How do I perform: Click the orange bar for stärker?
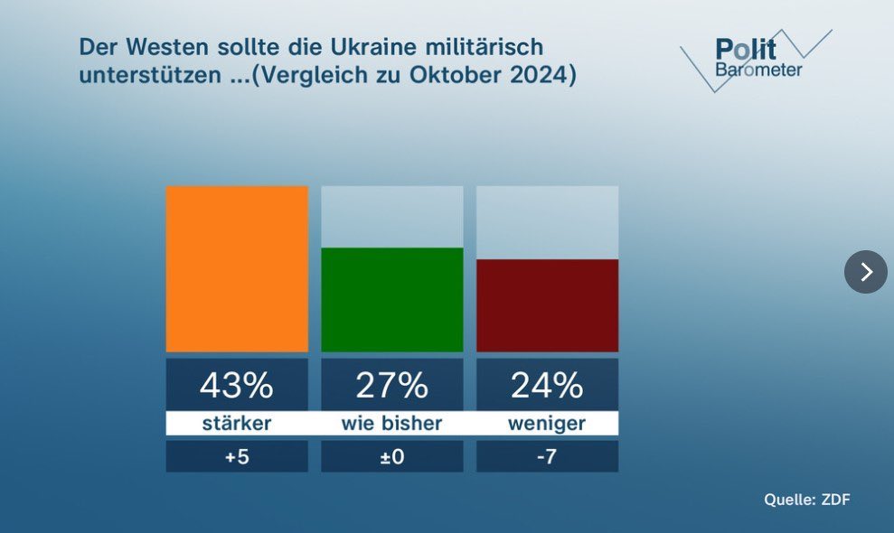coord(237,268)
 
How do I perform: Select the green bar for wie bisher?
coord(392,299)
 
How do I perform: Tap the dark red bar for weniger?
coord(547,305)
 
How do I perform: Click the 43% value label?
coord(237,386)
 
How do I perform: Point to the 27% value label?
coord(392,386)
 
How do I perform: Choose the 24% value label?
coord(547,386)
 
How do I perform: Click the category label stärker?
coord(237,423)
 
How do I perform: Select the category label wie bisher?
coord(392,423)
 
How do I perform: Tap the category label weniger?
coord(547,423)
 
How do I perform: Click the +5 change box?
coord(237,456)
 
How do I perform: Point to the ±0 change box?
coord(392,456)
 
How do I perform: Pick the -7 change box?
coord(547,456)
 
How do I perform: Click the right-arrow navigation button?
coord(866,272)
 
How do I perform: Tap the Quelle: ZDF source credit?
coord(807,500)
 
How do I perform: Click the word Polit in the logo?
coord(746,50)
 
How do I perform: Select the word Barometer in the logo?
coord(758,70)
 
